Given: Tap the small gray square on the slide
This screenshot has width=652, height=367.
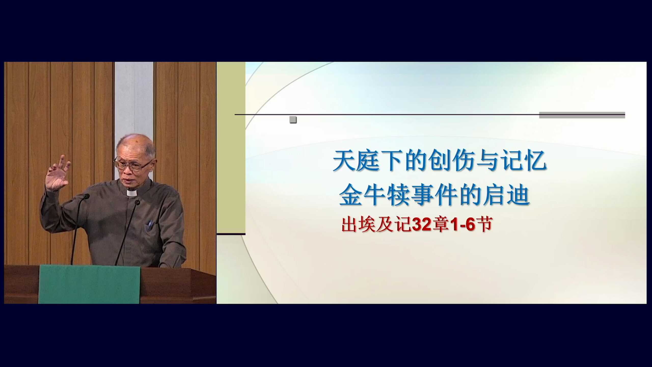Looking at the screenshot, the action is point(293,120).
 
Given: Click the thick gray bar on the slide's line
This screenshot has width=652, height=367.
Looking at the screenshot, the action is point(582,115).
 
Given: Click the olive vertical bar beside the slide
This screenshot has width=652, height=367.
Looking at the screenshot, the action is point(231,148).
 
